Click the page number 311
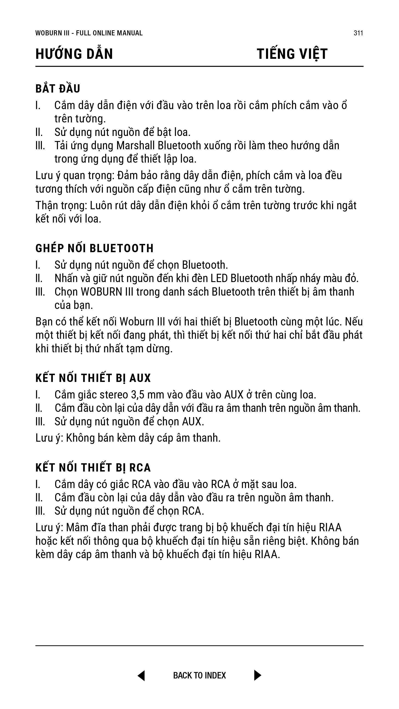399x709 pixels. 358,33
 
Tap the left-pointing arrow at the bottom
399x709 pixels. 141,675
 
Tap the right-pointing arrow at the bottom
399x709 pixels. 258,675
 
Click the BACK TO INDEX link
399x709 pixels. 199,675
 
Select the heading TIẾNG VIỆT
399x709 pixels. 292,54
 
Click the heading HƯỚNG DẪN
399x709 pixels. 74,54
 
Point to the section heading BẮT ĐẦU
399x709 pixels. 58,89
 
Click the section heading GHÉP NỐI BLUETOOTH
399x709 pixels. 94,248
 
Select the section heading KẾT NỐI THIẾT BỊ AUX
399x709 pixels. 93,378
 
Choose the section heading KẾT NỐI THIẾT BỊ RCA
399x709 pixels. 93,468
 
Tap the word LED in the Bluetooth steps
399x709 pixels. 219,278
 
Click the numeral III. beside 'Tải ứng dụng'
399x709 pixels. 40,146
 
